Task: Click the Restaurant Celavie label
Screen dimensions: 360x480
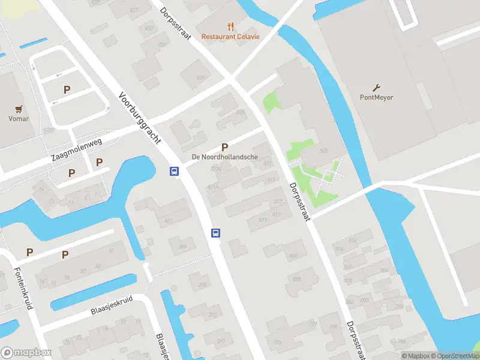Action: coord(230,37)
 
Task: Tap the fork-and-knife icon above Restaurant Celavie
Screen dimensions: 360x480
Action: coord(230,26)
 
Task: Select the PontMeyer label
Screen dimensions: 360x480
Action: coord(377,97)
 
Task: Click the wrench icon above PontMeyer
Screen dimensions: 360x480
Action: coord(377,87)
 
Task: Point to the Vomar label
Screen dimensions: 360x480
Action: coord(19,119)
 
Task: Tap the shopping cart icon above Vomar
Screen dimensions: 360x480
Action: coord(19,109)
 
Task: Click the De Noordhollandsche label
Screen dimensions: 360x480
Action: coord(225,157)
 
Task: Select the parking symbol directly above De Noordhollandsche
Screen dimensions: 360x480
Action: coord(225,147)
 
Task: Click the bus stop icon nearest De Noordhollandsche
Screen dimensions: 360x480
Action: coord(174,172)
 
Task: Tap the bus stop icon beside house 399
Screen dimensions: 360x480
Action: coord(215,233)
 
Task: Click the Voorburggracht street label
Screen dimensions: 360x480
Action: coord(140,118)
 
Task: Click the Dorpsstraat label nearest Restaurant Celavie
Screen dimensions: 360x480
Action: coord(175,23)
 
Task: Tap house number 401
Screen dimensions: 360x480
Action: coord(169,221)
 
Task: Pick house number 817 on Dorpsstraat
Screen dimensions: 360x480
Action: coord(277,202)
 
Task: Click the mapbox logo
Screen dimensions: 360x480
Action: coord(26,353)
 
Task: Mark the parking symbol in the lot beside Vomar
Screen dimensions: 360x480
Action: coord(67,89)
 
